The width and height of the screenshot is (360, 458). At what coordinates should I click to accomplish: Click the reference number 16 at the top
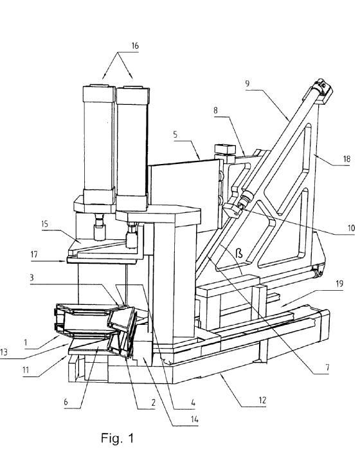coord(135,46)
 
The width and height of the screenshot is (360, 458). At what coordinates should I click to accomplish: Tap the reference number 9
coord(248,84)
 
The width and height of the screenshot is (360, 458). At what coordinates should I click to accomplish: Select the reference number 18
coord(346,159)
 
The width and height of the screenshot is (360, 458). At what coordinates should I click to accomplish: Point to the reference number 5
coord(175,134)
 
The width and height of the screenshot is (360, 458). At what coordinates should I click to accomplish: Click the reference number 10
coord(351,228)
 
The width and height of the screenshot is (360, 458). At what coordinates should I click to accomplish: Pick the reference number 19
coord(339,284)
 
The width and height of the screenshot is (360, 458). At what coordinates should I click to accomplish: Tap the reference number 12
coord(262,400)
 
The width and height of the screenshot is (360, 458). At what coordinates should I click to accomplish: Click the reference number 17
coord(34,255)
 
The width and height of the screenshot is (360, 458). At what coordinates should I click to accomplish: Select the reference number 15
coord(44,224)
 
